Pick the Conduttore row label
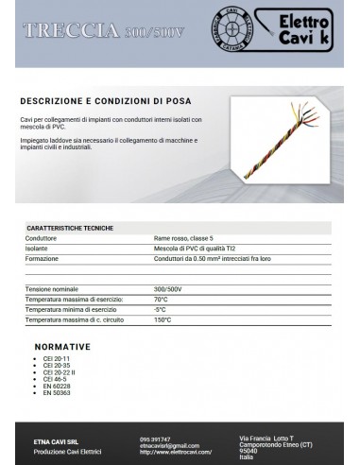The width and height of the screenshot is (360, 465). pos(43,238)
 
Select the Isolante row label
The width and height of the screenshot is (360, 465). pos(39,248)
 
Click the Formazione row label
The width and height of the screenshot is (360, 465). pos(44,257)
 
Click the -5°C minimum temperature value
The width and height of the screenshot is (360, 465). pos(160,309)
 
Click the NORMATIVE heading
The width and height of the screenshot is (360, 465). pos(62,346)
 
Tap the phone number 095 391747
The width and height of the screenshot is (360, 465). pos(155,439)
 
